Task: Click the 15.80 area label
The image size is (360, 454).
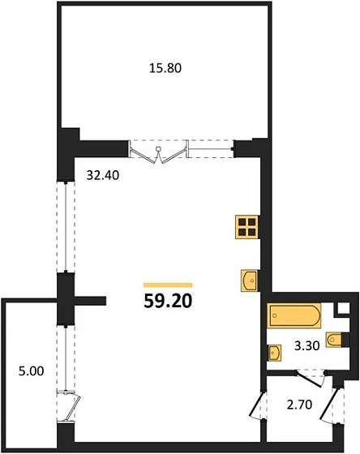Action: click(x=165, y=68)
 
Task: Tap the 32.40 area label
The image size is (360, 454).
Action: click(x=103, y=175)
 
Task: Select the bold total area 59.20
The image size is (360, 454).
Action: click(x=168, y=301)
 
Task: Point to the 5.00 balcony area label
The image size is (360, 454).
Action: click(x=32, y=371)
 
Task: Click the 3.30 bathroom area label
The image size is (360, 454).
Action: click(x=307, y=345)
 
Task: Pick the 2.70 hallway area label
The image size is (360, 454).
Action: click(x=299, y=405)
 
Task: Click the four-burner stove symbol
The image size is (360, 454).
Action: click(x=246, y=227)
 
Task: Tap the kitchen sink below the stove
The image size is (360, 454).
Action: click(x=250, y=281)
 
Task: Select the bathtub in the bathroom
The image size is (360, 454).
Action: click(x=294, y=315)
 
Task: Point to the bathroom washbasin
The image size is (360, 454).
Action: click(x=274, y=353)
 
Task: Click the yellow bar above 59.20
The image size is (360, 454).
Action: click(x=168, y=285)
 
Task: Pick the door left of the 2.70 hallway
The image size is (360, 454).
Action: click(x=256, y=405)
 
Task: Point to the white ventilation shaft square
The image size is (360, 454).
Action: click(x=344, y=308)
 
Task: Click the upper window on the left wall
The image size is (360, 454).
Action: click(x=66, y=227)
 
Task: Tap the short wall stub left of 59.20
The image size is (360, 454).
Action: click(x=90, y=301)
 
